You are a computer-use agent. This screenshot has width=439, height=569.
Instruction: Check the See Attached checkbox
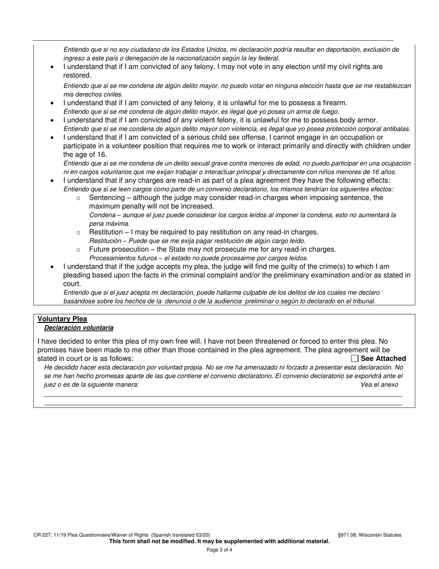pyautogui.click(x=354, y=359)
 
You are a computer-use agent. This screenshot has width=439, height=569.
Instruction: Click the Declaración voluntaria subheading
pyautogui.click(x=79, y=328)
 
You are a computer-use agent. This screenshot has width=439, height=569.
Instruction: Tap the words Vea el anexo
pyautogui.click(x=379, y=384)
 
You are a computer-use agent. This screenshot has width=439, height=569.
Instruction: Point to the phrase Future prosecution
pyautogui.click(x=119, y=249)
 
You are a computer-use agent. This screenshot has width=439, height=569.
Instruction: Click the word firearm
pyautogui.click(x=333, y=102)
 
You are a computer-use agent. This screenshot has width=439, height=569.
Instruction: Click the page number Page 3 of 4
pyautogui.click(x=219, y=550)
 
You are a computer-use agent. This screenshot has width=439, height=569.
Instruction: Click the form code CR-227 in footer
pyautogui.click(x=43, y=535)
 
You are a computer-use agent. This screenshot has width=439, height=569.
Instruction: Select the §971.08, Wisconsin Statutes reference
pyautogui.click(x=369, y=535)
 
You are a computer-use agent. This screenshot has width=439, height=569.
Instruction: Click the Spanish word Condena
pyautogui.click(x=102, y=215)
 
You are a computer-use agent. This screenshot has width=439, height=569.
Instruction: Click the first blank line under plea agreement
pyautogui.click(x=223, y=396)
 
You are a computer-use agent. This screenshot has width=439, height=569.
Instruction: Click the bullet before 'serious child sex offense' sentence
pyautogui.click(x=52, y=137)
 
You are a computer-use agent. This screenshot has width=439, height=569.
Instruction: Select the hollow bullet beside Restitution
pyautogui.click(x=78, y=232)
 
